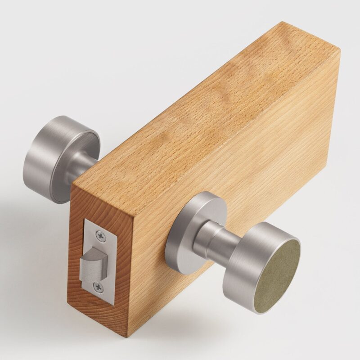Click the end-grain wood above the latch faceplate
(90, 202)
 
